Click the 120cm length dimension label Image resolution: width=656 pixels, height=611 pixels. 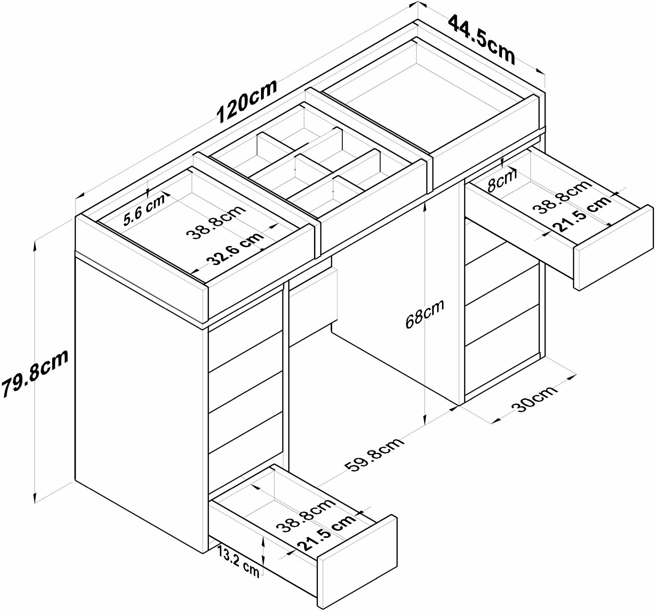pyautogui.click(x=247, y=101)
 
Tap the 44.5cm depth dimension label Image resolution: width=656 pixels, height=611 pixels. pyautogui.click(x=482, y=40)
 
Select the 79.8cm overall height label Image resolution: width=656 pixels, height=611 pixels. pyautogui.click(x=35, y=373)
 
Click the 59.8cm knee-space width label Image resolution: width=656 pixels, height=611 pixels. pyautogui.click(x=374, y=456)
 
